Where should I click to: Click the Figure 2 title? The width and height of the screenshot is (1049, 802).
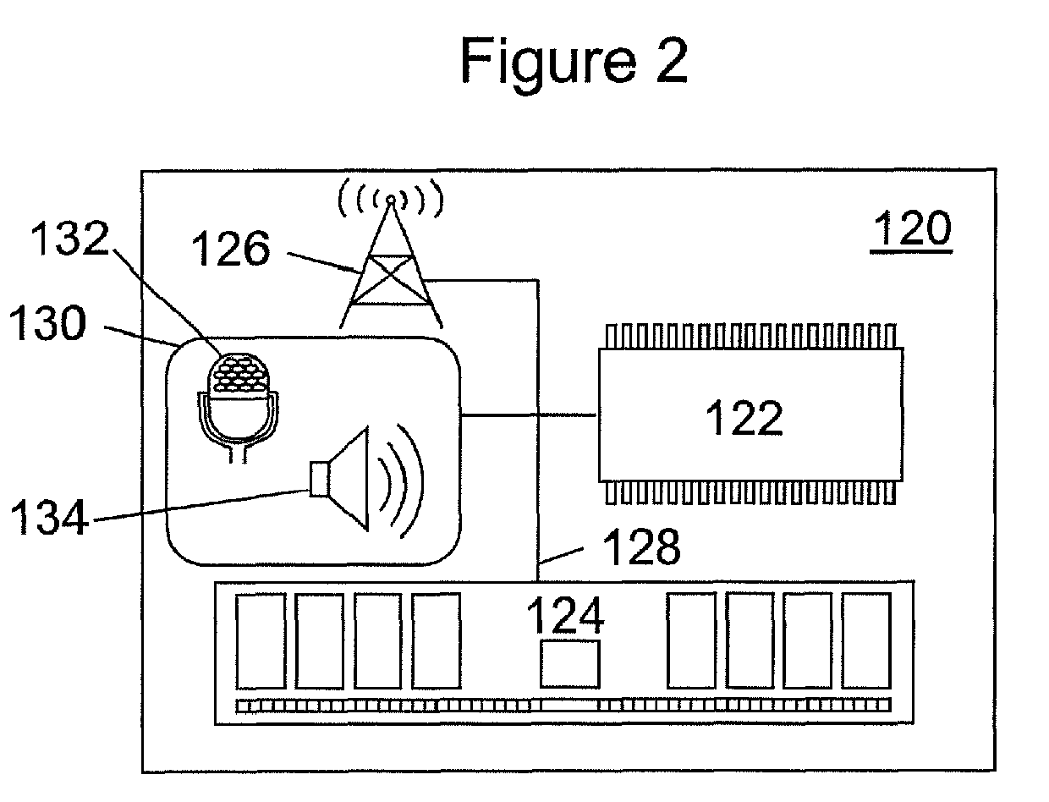pyautogui.click(x=574, y=62)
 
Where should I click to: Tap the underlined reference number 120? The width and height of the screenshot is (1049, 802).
pyautogui.click(x=911, y=229)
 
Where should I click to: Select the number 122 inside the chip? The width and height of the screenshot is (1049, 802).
pyautogui.click(x=744, y=418)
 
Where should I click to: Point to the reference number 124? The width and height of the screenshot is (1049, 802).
pyautogui.click(x=565, y=615)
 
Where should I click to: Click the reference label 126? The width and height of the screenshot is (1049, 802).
pyautogui.click(x=230, y=248)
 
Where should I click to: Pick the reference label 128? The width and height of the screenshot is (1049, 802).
pyautogui.click(x=642, y=547)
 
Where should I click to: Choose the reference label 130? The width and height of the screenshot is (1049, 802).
pyautogui.click(x=47, y=323)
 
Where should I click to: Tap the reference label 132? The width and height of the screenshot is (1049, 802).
pyautogui.click(x=69, y=238)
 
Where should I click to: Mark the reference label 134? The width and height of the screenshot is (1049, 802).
pyautogui.click(x=49, y=516)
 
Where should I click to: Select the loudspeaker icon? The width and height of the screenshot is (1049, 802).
pyautogui.click(x=366, y=481)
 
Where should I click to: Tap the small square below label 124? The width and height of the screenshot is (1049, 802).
pyautogui.click(x=569, y=664)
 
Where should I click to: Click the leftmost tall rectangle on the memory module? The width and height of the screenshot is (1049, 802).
pyautogui.click(x=261, y=641)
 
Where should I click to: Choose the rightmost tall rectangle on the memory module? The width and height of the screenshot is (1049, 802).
pyautogui.click(x=866, y=640)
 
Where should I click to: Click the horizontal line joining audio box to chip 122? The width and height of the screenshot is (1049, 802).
pyautogui.click(x=529, y=415)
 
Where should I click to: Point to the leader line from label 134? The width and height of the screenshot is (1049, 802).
pyautogui.click(x=201, y=505)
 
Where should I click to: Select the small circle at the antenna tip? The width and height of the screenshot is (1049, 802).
pyautogui.click(x=391, y=199)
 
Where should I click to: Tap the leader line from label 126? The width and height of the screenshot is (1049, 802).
pyautogui.click(x=324, y=263)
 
